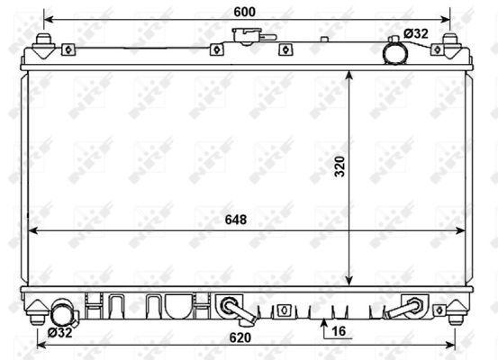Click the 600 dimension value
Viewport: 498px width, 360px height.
click(x=244, y=11)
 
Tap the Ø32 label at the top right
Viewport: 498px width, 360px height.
click(x=416, y=33)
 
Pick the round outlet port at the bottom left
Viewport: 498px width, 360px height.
click(x=61, y=314)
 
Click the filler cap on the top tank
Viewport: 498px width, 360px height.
click(x=246, y=38)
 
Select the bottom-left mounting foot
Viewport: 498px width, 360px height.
click(x=38, y=311)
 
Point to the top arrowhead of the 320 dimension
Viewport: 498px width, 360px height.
click(x=350, y=74)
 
